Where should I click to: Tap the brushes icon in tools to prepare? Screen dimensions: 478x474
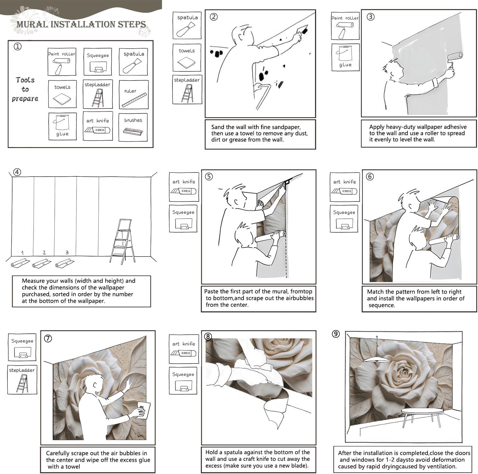tap(133, 131)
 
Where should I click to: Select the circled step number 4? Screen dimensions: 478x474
tap(17, 172)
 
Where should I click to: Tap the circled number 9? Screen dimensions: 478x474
tap(336, 334)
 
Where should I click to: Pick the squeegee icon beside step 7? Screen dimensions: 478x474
tap(22, 354)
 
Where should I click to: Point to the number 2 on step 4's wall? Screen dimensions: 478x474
tap(44, 253)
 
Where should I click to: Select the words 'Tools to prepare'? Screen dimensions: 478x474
tap(25, 89)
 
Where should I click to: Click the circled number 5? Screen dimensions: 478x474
tap(209, 176)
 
